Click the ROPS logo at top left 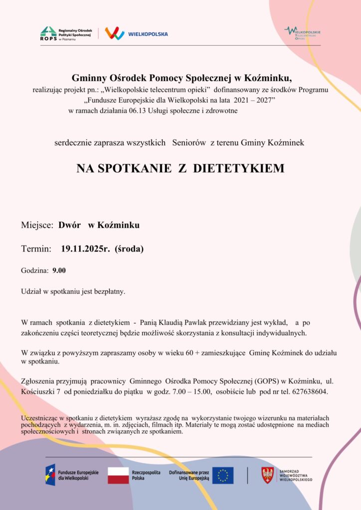coord(48,33)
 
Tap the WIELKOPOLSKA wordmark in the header coord(148,34)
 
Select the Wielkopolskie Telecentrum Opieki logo coord(302,33)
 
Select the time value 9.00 coord(59,270)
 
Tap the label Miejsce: coord(37,225)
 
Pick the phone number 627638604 coord(308,392)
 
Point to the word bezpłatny coord(109,291)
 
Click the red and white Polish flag coord(118,475)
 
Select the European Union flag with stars coord(223,475)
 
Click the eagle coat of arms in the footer coord(268,475)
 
